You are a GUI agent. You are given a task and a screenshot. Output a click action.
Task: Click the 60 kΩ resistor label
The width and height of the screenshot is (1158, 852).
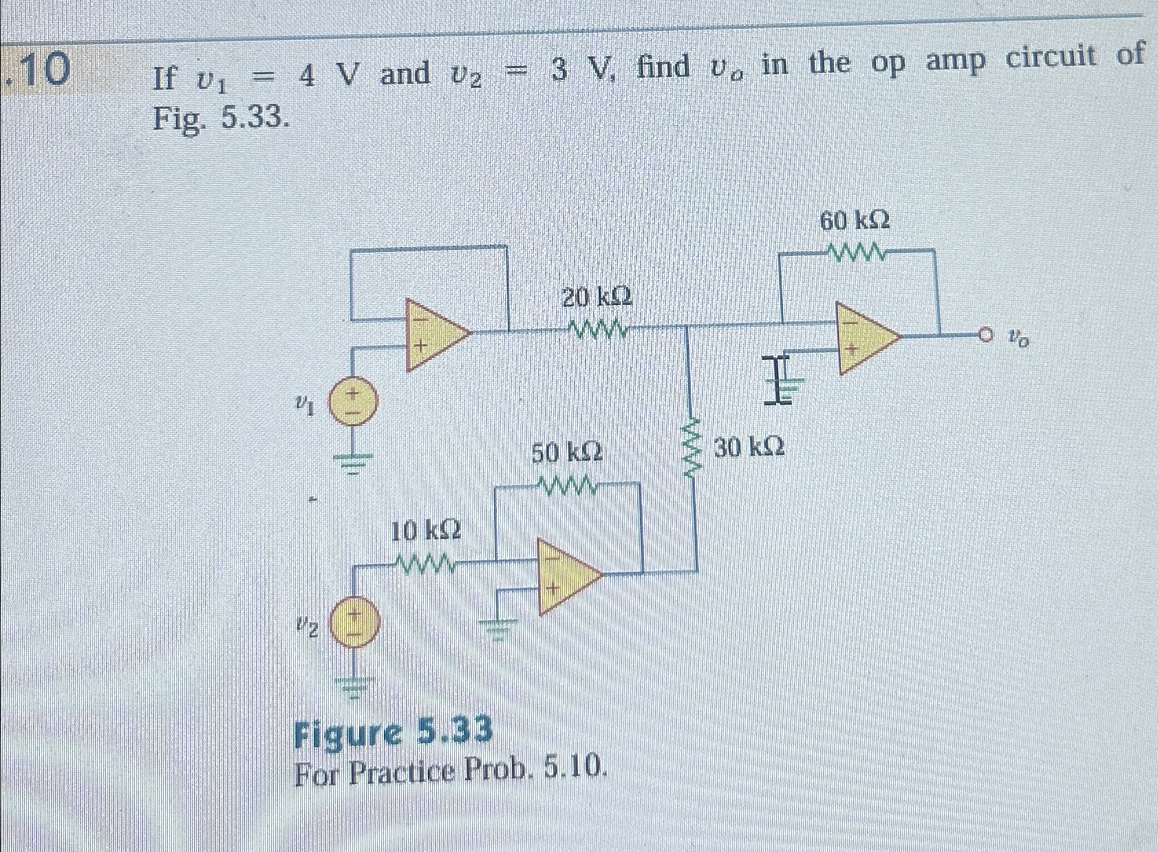tap(855, 221)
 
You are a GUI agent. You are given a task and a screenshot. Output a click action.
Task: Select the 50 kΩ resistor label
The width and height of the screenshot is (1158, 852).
tap(568, 452)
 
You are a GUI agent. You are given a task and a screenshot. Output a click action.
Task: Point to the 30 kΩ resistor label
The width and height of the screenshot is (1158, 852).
tap(749, 448)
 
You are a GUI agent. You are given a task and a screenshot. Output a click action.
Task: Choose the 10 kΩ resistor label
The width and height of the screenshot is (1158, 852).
tap(426, 531)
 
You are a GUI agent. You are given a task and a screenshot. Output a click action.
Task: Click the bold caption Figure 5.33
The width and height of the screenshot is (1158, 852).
tap(393, 731)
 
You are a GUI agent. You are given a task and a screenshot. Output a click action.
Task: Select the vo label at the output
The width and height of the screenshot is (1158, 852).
tap(1018, 337)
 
